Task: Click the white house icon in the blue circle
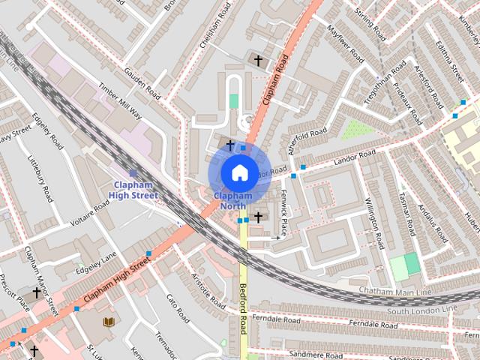point(238,172)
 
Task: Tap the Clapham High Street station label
point(135,190)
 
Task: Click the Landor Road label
point(355,157)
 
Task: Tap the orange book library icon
point(109,322)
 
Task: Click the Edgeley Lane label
point(97,262)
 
